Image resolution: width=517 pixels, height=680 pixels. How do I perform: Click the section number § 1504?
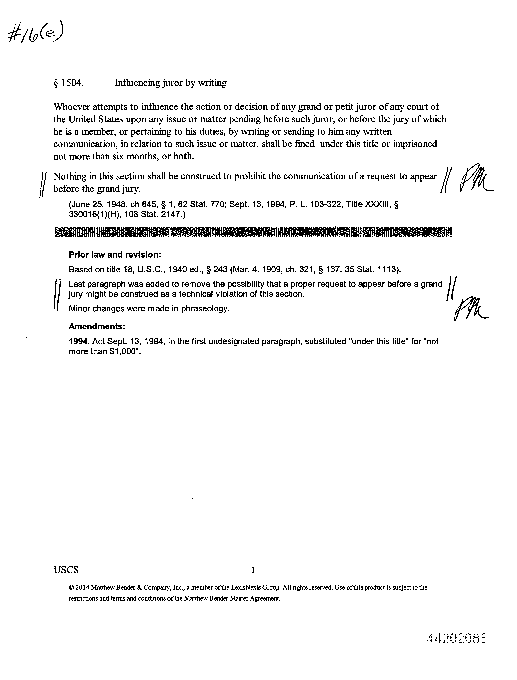[69, 83]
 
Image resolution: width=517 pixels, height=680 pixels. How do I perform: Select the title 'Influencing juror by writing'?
[171, 83]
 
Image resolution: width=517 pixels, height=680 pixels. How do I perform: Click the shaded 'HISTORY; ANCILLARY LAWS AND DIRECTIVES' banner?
[252, 232]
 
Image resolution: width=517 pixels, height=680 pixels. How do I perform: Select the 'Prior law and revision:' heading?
[115, 255]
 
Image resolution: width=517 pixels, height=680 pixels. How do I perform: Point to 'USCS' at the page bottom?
[66, 570]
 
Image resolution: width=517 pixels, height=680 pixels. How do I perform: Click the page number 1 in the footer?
[253, 570]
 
